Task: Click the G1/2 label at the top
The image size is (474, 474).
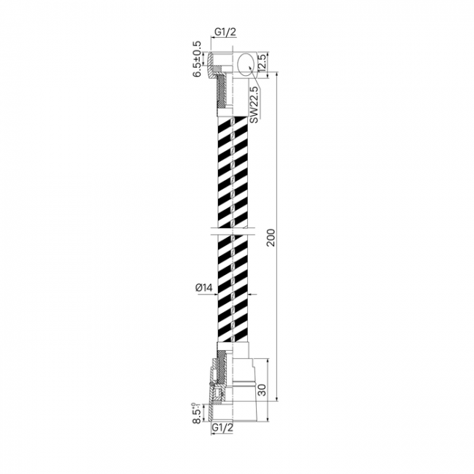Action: pos(225,32)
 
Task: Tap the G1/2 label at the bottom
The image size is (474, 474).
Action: pos(222,428)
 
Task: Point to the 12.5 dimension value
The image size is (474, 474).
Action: pos(262,63)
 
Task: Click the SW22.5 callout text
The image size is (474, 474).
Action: pos(255,105)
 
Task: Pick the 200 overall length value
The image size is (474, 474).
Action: pos(271,238)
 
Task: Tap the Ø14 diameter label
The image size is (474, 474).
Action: pos(204,288)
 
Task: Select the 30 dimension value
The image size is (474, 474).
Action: pos(262,390)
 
